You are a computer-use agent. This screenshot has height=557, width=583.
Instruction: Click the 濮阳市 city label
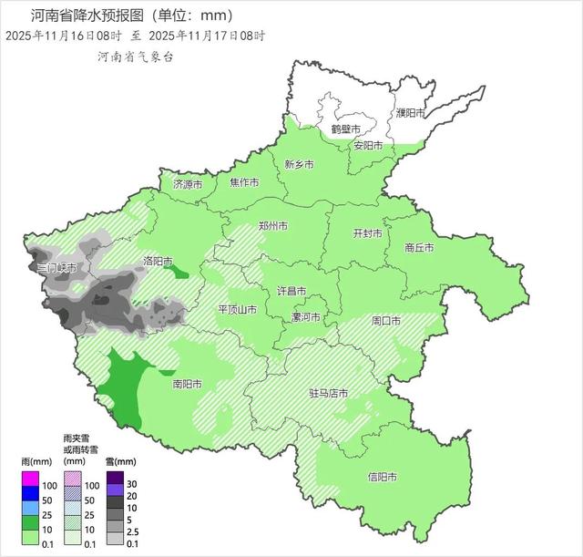tap(411, 113)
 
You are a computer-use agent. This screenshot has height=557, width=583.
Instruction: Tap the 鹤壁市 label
tap(345, 129)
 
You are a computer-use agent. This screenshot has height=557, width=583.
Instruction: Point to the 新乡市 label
tap(299, 165)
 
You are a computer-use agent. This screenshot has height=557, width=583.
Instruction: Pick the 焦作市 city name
tap(245, 182)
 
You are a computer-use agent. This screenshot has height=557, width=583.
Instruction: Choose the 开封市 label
tap(367, 232)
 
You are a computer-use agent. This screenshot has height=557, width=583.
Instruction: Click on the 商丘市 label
tap(419, 247)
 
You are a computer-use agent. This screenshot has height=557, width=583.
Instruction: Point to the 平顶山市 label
tap(237, 310)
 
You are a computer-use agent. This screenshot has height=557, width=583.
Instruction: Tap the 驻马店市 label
tap(327, 394)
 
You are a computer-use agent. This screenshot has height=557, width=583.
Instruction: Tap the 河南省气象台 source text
tap(136, 57)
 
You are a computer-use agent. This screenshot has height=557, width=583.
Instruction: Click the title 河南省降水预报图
tap(87, 15)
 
